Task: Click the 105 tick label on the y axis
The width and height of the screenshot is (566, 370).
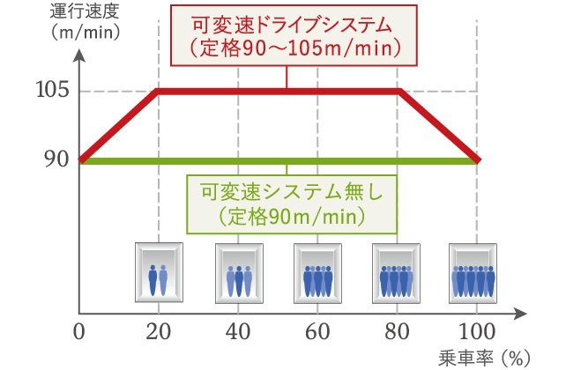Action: (x=52, y=90)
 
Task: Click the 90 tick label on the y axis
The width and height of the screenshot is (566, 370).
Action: (x=56, y=159)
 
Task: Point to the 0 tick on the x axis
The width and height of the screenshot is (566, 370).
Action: (x=78, y=331)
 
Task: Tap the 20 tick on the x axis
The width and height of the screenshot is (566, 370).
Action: (x=159, y=331)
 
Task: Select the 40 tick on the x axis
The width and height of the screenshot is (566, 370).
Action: (x=238, y=331)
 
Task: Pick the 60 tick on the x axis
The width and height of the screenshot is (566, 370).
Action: (x=317, y=331)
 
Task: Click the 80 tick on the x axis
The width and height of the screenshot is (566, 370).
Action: (x=397, y=331)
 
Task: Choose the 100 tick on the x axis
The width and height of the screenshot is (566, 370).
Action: (x=477, y=331)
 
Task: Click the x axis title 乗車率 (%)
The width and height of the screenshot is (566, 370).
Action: (x=484, y=358)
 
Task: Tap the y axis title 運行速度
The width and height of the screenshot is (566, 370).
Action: (x=85, y=12)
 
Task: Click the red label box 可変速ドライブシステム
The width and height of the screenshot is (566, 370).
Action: (x=294, y=35)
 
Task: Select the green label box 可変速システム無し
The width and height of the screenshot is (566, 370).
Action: (x=292, y=204)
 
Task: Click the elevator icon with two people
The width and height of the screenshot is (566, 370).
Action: (x=159, y=272)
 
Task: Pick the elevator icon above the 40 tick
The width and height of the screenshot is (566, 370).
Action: (x=239, y=273)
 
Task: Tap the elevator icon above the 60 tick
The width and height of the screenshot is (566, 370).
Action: (x=317, y=273)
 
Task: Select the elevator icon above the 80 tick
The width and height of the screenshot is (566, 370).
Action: (x=396, y=273)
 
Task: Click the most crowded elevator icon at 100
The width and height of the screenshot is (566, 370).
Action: (x=473, y=273)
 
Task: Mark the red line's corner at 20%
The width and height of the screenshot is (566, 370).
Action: (x=158, y=91)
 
